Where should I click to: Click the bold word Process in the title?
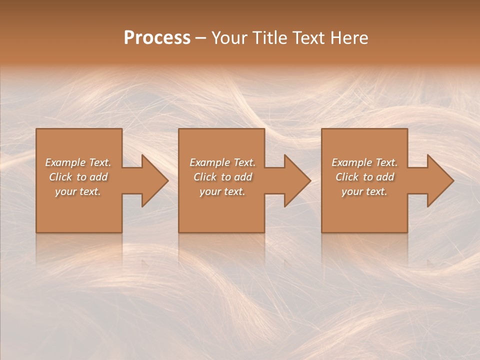[157, 38]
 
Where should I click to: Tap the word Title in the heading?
[269, 38]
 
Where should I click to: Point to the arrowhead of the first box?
[152, 180]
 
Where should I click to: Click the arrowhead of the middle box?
[295, 180]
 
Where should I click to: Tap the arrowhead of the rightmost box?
[437, 180]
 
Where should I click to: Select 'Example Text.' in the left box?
[78, 162]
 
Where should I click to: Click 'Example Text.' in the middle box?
[222, 162]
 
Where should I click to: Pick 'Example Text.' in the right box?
[364, 162]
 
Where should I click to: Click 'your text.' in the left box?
[78, 191]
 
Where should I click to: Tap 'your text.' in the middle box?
[222, 191]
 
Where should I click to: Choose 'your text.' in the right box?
[364, 191]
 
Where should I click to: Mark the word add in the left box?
[98, 177]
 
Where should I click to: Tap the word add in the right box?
[385, 177]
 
